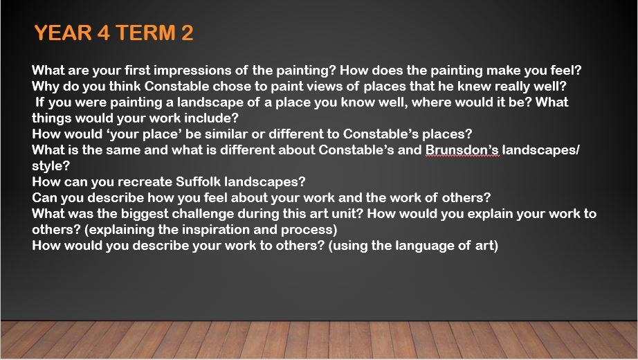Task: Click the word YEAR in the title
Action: tap(63, 33)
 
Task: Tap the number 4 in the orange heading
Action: tap(103, 33)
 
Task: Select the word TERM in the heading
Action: tap(145, 33)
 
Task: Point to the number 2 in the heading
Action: tap(187, 33)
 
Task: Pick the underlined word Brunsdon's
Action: tap(462, 150)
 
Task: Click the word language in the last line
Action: tap(412, 246)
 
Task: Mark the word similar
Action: tap(226, 134)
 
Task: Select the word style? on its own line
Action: tap(51, 166)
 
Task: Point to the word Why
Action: tap(46, 87)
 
